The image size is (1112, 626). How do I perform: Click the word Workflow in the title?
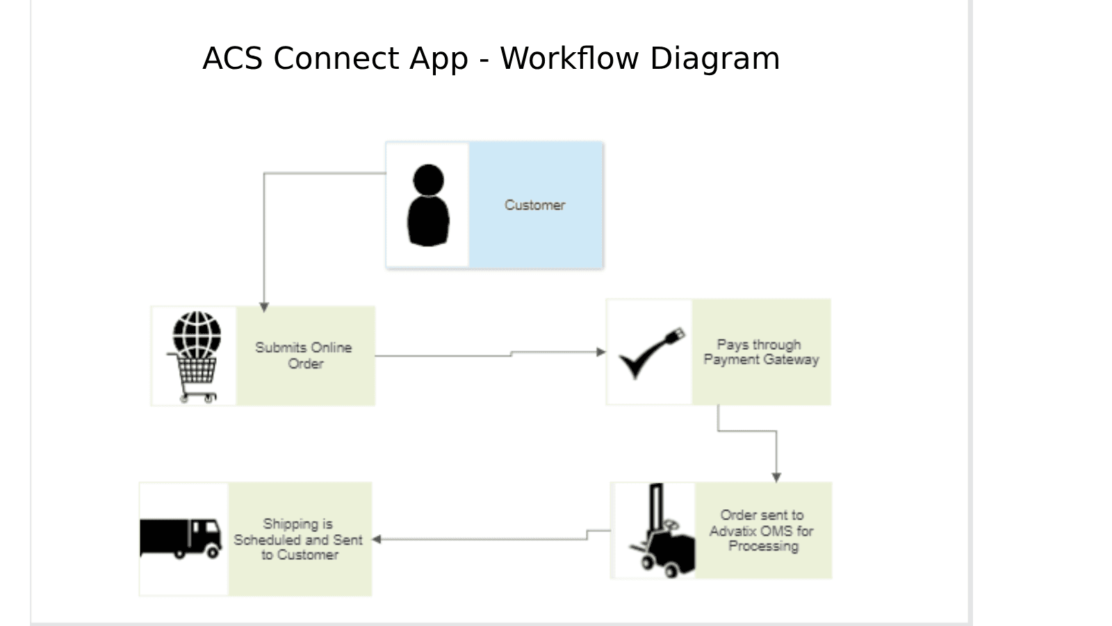tap(569, 58)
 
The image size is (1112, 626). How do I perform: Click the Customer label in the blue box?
tap(534, 205)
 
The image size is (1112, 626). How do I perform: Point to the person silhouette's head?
tap(428, 179)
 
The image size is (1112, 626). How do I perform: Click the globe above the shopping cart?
tap(197, 334)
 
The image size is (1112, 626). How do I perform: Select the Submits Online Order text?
tap(304, 355)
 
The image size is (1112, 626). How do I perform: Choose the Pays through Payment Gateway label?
tap(761, 352)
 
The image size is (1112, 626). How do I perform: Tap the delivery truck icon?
tap(181, 538)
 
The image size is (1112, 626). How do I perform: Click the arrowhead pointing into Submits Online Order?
tap(264, 307)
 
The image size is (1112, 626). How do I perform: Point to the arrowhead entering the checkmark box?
tap(601, 352)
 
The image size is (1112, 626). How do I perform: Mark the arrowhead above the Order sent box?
tap(776, 477)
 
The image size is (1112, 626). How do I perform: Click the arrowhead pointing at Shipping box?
tap(377, 539)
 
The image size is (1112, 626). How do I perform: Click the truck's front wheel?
tap(212, 552)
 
